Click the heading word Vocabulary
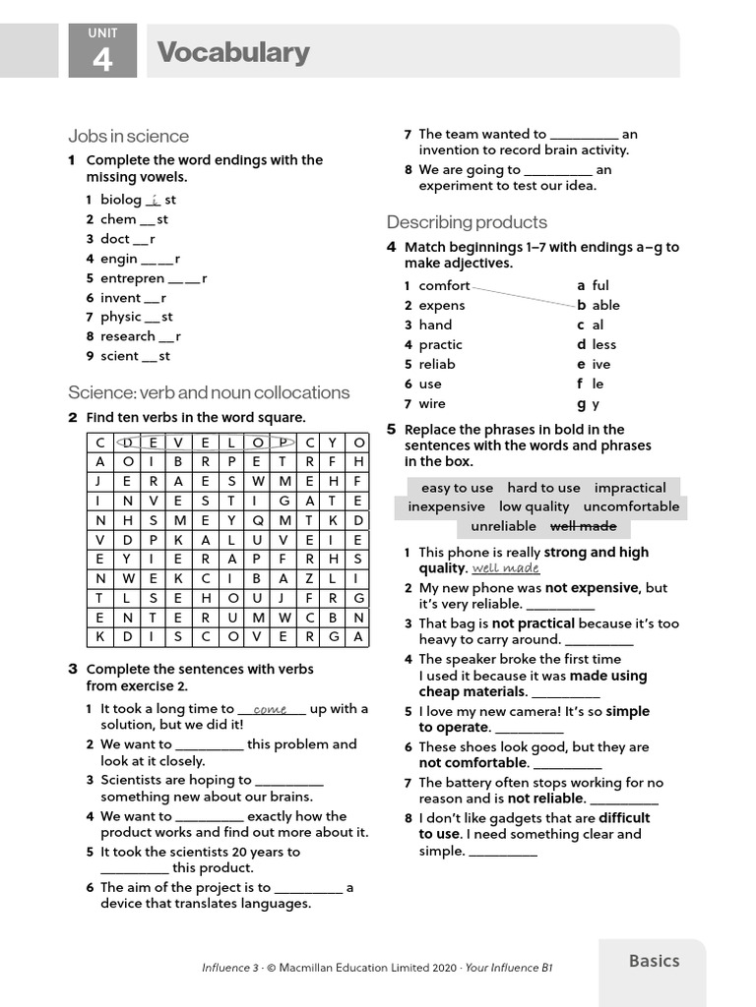[233, 52]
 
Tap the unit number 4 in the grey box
[102, 61]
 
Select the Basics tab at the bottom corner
[654, 961]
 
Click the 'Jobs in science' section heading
[128, 136]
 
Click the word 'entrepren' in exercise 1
[132, 278]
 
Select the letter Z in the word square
[308, 578]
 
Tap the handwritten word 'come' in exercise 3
[270, 709]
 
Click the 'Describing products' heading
[467, 222]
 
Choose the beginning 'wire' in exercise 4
[431, 403]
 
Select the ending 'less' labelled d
[603, 344]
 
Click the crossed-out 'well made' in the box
[583, 526]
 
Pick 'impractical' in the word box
[630, 488]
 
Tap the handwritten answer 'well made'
[506, 568]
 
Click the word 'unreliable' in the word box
[503, 526]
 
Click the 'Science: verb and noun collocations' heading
[209, 392]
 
